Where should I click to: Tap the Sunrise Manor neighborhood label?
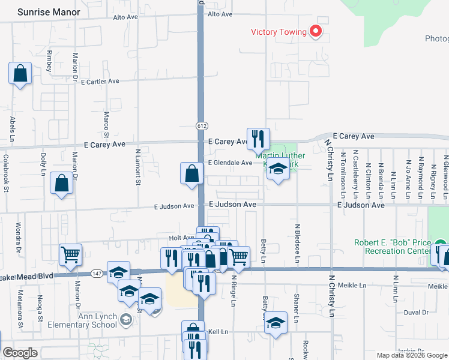(x=49, y=12)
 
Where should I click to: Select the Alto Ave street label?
(x=126, y=17)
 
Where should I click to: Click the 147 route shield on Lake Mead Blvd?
(x=97, y=274)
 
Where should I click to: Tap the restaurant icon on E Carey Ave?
(x=258, y=139)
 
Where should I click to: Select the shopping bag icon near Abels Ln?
(x=20, y=74)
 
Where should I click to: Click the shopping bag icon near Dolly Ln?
(x=62, y=184)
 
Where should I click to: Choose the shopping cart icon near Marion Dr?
(x=71, y=255)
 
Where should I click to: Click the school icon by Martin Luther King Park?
(x=278, y=170)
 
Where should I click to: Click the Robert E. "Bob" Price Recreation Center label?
(x=394, y=247)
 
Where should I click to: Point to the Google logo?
(x=20, y=353)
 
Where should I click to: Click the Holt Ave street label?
(x=181, y=238)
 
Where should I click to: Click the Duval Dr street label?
(x=415, y=313)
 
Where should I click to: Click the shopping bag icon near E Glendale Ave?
(x=191, y=174)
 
